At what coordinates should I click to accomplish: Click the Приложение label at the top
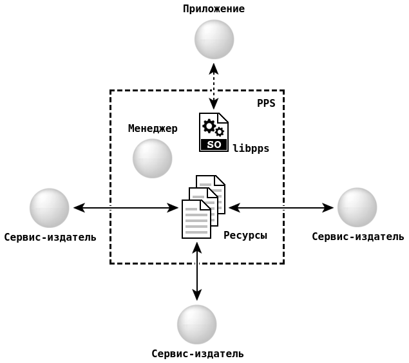(x=214, y=9)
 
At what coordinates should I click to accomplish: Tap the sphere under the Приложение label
(x=214, y=39)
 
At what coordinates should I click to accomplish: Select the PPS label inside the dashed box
(x=266, y=103)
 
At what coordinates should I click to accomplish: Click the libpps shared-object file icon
(x=213, y=132)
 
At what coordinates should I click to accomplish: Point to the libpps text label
(x=251, y=149)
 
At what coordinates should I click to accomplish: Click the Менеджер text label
(x=153, y=129)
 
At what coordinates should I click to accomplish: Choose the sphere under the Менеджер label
(x=152, y=158)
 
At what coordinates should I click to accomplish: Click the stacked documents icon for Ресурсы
(x=203, y=207)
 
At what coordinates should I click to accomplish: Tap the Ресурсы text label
(x=245, y=236)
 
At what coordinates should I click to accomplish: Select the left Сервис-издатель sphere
(x=49, y=208)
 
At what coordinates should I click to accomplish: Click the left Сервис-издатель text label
(x=50, y=237)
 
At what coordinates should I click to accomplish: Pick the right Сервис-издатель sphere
(x=357, y=207)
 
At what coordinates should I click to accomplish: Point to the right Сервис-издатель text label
(x=358, y=236)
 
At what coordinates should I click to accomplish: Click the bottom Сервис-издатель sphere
(x=196, y=324)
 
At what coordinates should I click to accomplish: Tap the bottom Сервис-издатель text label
(x=198, y=353)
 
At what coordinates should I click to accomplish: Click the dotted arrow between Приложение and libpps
(x=214, y=86)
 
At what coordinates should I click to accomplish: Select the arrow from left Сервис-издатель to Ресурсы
(x=126, y=208)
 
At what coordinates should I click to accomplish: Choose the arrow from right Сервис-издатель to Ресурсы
(x=281, y=208)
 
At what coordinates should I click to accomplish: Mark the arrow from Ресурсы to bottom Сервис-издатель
(x=197, y=271)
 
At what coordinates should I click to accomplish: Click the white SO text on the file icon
(x=214, y=145)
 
